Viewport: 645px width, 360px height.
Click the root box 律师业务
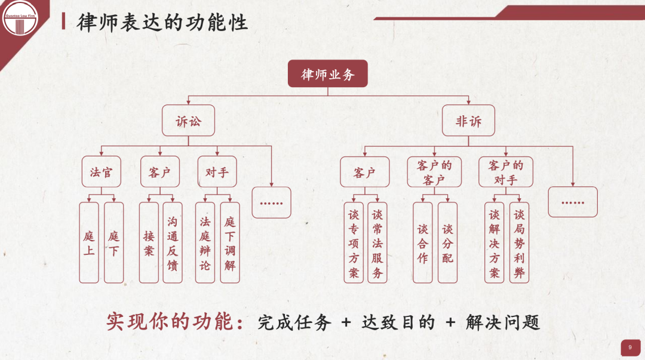[327, 75]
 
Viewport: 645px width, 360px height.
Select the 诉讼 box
[188, 121]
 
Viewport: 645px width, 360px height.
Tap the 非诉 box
[468, 121]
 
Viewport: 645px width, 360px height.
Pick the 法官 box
[101, 173]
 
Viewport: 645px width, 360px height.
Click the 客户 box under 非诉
[364, 173]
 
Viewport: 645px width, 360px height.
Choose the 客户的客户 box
[434, 172]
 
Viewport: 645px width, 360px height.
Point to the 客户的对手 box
[505, 172]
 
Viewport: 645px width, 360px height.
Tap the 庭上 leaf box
[89, 242]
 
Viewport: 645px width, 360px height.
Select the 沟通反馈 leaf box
[173, 242]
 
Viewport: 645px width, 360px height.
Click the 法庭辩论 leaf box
[205, 242]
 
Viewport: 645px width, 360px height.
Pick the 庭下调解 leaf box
[230, 242]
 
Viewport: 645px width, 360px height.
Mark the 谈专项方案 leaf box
[354, 242]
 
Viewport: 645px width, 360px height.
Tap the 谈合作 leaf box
[423, 242]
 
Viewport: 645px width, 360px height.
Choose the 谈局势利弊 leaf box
[519, 242]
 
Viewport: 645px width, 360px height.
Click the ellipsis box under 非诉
[573, 202]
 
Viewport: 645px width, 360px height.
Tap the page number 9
[630, 347]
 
